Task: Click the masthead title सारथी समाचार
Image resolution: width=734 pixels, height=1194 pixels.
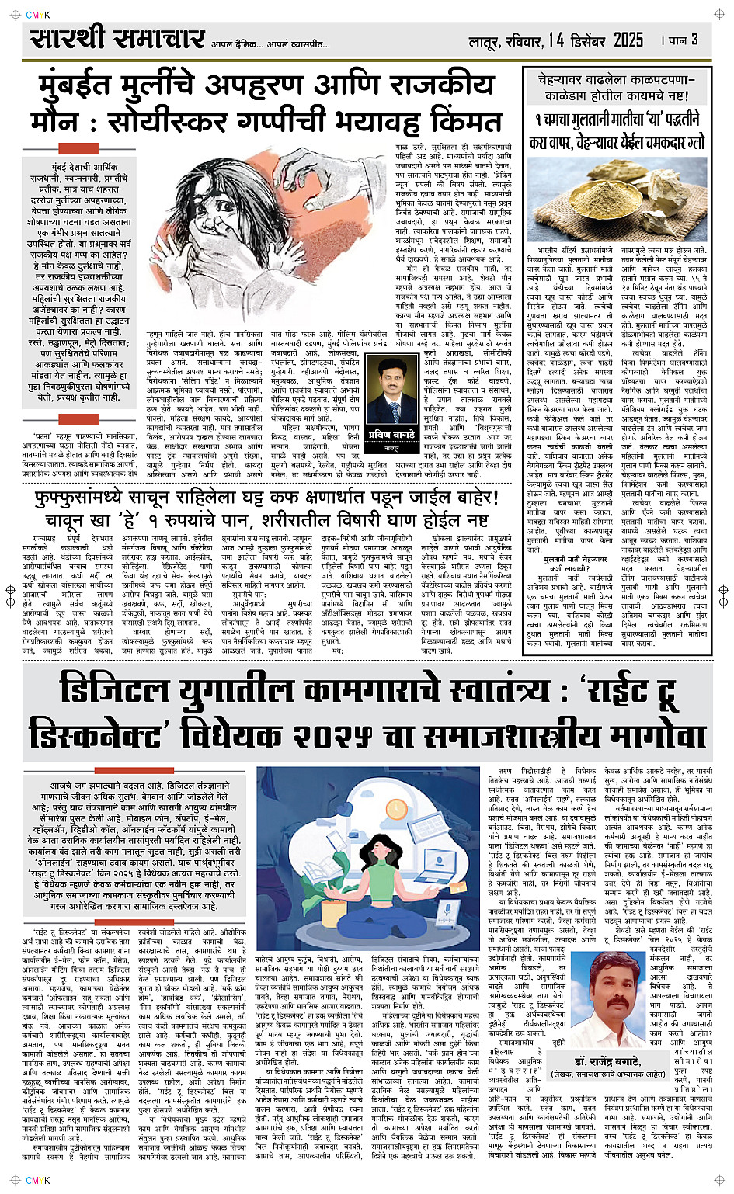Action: (x=117, y=38)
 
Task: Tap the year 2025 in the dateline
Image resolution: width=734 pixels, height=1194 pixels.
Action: (x=628, y=40)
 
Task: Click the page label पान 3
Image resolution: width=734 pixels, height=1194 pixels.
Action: (x=683, y=40)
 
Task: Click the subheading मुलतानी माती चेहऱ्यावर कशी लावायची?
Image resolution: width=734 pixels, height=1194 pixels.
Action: (x=576, y=564)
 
